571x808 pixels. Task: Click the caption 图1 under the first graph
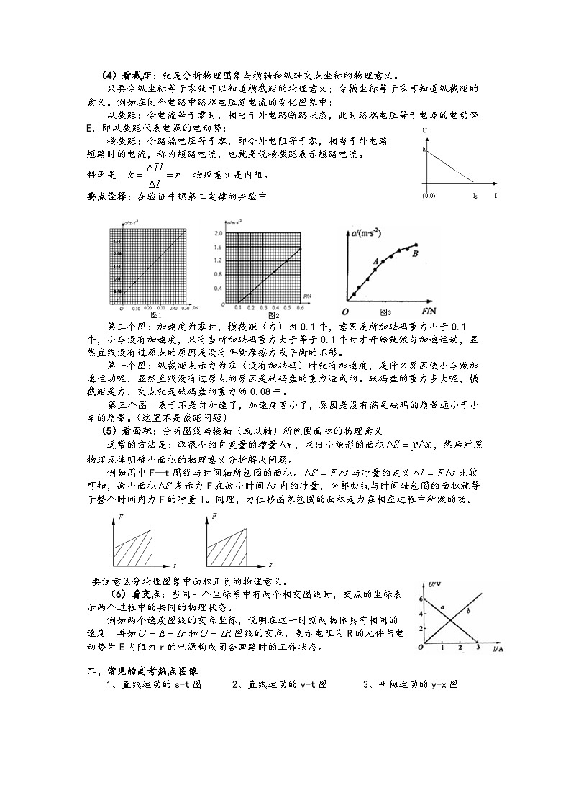[x=152, y=315]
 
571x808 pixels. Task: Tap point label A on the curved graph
[x=375, y=263]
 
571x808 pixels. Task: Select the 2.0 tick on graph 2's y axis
[x=218, y=233]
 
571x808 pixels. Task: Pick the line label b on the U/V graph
[x=468, y=611]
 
